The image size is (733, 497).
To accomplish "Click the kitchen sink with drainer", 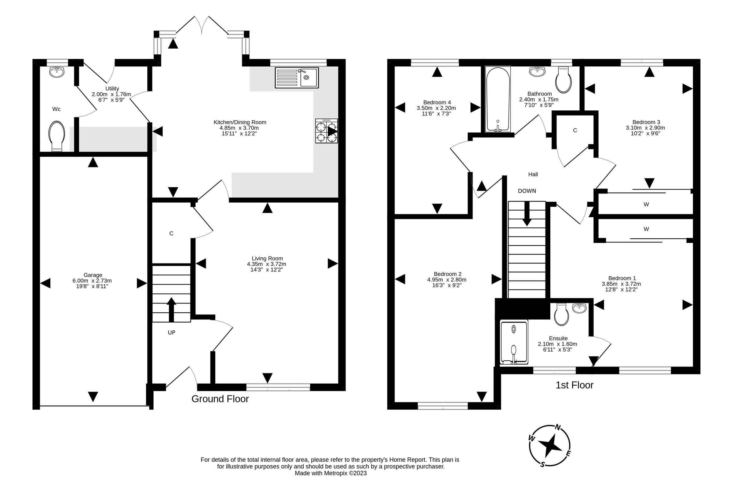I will coord(297,78).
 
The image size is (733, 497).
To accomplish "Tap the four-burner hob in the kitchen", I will coord(326,131).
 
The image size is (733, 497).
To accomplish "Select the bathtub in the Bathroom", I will coord(498,99).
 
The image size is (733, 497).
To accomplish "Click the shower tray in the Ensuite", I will coord(514,342).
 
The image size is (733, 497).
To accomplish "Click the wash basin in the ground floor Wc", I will coord(57,72).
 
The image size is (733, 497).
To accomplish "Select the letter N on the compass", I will coord(558,428).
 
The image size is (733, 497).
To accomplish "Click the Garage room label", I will coord(93,275).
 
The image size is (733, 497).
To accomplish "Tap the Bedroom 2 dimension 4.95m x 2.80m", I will coord(447,280).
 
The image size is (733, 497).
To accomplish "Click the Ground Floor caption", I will coord(220,399).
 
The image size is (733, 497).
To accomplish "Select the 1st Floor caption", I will coord(574,385).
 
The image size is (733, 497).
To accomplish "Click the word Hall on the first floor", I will coord(533,174).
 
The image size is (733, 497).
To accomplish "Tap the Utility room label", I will coord(112,89).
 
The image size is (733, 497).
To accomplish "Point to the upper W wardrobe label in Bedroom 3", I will coord(646,204).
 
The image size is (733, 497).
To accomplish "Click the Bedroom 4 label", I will coord(437,102).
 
